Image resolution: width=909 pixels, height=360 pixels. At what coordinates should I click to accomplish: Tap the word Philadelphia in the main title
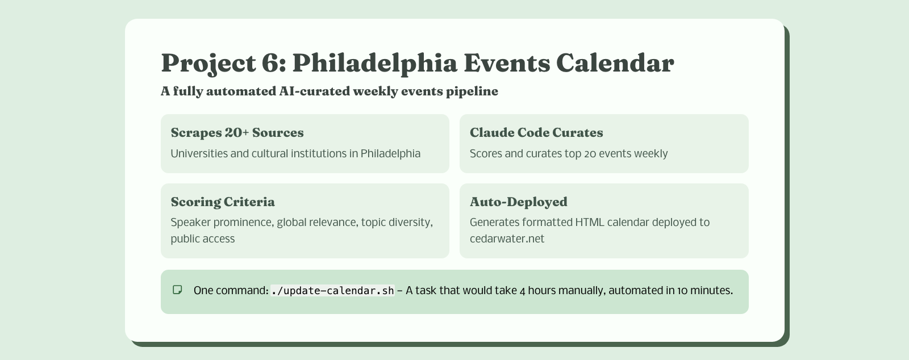coord(374,62)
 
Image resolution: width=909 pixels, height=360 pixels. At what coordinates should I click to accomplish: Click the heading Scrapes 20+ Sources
coord(237,133)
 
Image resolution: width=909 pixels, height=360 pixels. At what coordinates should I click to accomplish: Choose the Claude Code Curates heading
coord(536,133)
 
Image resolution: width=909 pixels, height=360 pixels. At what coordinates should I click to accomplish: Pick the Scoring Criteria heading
coord(223,202)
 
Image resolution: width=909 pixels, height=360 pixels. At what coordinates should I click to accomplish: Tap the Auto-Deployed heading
coord(518,202)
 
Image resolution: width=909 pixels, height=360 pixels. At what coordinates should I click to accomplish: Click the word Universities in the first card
coord(199,154)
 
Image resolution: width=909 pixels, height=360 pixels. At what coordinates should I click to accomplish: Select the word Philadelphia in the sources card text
coord(390,154)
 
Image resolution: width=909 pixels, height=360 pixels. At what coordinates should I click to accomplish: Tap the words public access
coord(203,239)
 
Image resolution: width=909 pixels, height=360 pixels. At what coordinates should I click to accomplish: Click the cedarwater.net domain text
coord(507,239)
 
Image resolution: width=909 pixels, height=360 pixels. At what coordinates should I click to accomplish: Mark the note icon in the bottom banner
coord(177,290)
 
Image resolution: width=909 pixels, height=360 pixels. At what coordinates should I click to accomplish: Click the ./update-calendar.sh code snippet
coord(332,291)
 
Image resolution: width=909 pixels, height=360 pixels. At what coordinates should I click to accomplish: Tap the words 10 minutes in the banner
coord(704,291)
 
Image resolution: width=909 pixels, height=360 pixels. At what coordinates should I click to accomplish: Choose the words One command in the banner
coord(230,291)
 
